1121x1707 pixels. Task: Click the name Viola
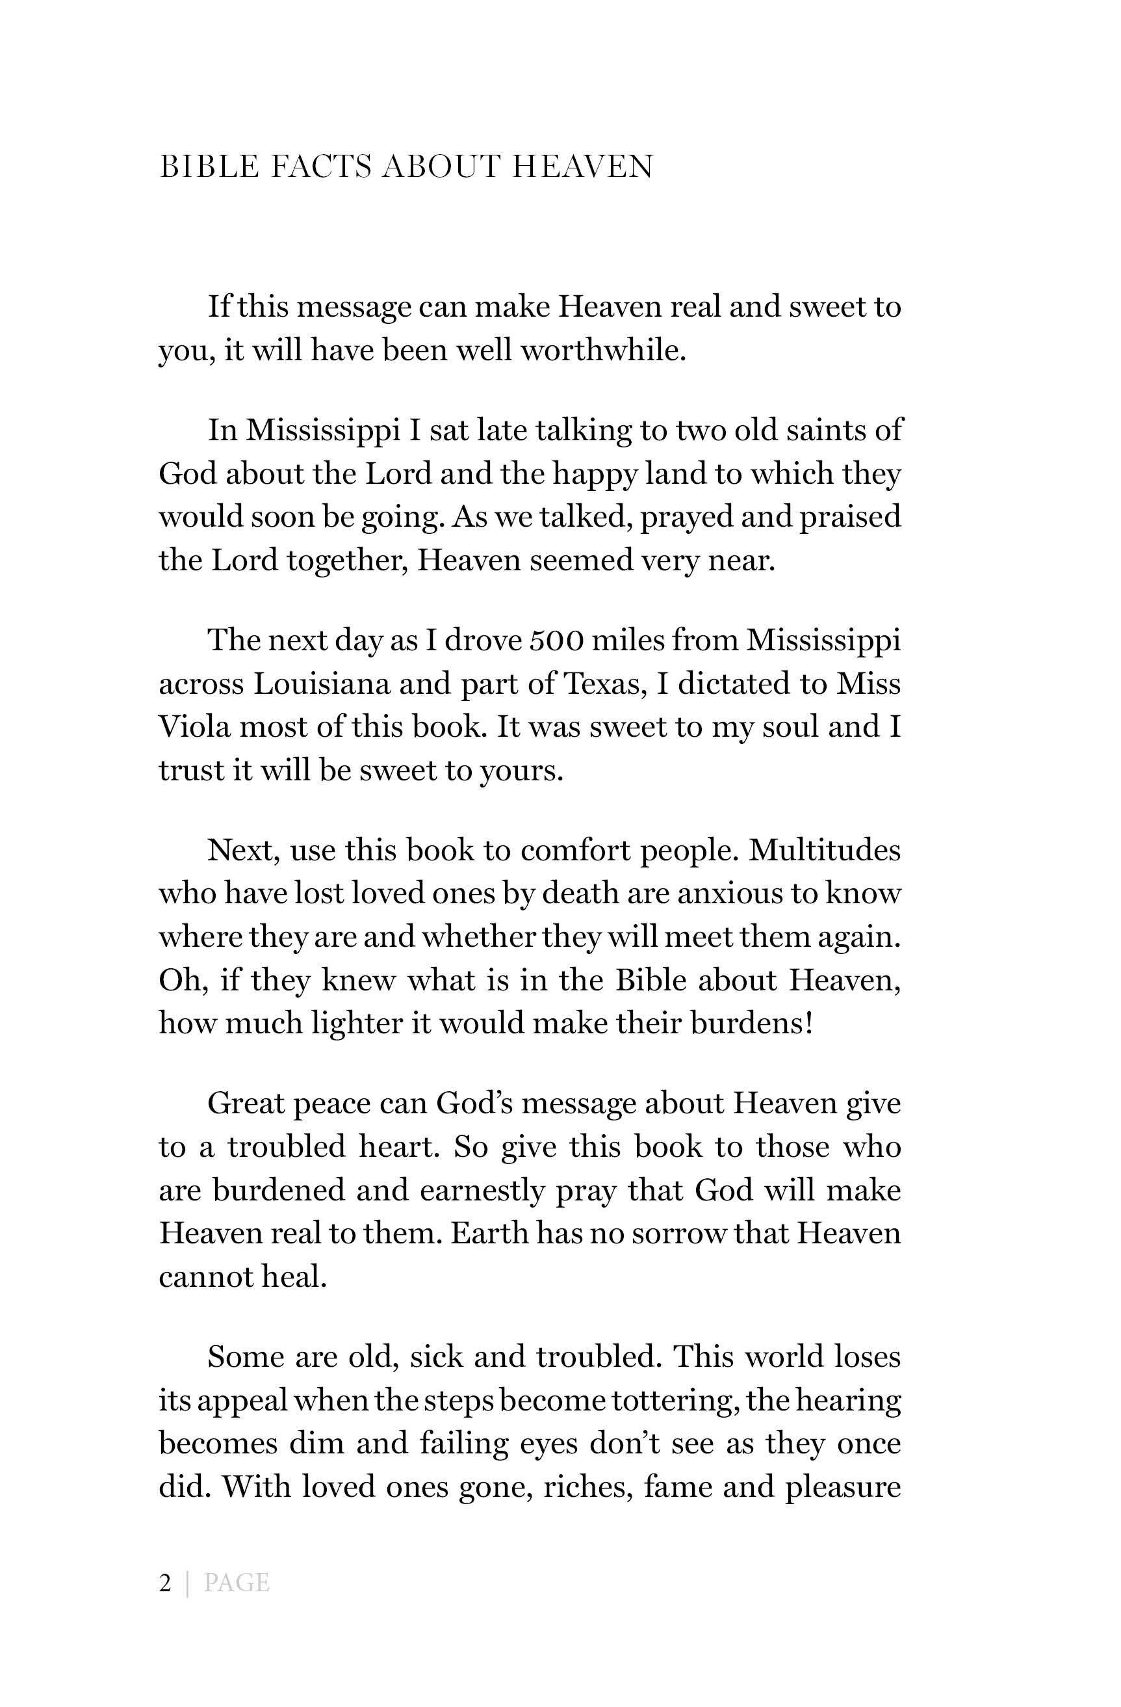coord(194,727)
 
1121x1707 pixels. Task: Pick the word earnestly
coord(482,1191)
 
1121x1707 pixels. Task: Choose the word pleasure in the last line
coord(843,1488)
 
